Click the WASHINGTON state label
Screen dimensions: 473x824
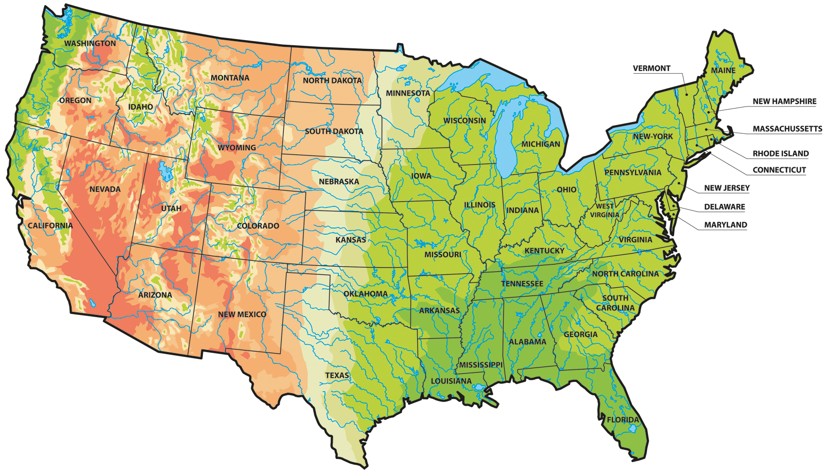point(90,43)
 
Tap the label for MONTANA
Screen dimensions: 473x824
point(230,78)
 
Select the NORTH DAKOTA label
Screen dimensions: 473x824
point(332,80)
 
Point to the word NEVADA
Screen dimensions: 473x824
point(105,189)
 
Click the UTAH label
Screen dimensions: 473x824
point(171,208)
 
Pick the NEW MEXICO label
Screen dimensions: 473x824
point(242,314)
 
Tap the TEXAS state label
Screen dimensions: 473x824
point(337,375)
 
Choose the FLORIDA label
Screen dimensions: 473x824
point(623,419)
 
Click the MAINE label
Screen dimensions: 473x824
point(723,70)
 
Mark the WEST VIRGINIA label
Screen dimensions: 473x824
point(605,211)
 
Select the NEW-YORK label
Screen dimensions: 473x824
point(653,136)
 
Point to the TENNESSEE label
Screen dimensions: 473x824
point(522,284)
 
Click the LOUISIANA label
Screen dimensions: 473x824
point(451,381)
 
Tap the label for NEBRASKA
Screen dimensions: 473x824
point(339,181)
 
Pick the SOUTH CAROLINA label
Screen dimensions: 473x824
point(615,303)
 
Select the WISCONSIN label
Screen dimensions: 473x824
point(465,120)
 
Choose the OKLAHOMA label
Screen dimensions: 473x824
point(366,294)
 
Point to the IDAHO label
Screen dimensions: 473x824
point(141,107)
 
